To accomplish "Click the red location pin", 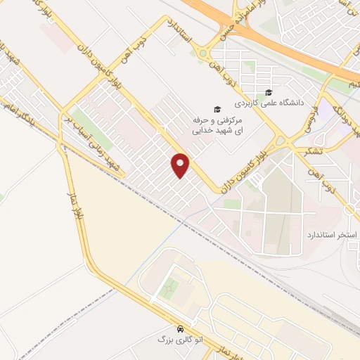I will [181, 165].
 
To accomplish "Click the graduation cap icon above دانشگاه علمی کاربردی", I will [269, 92].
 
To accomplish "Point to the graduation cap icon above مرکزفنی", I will [217, 110].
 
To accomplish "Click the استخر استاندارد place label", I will [332, 233].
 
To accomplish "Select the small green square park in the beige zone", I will [169, 288].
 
